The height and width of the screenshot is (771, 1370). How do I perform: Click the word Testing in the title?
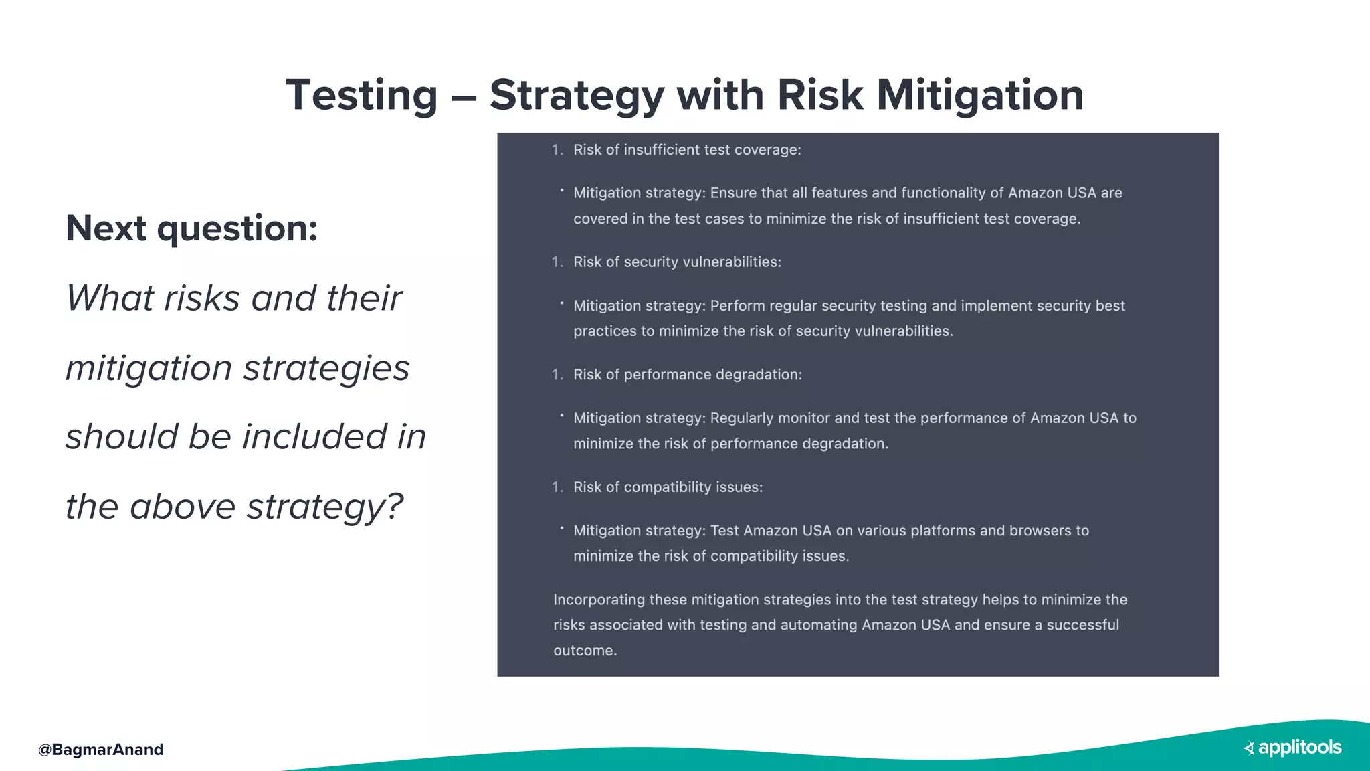click(x=361, y=95)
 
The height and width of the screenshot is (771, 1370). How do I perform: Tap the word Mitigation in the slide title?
click(x=980, y=95)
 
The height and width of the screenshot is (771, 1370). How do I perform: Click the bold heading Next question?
click(x=191, y=228)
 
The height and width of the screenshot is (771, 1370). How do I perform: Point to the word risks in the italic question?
click(x=201, y=298)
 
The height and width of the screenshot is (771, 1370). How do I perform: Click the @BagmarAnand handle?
click(x=101, y=749)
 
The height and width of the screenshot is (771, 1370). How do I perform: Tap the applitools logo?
click(x=1292, y=748)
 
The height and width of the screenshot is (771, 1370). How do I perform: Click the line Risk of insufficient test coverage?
click(x=687, y=150)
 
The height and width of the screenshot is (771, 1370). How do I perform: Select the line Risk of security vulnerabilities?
click(x=677, y=262)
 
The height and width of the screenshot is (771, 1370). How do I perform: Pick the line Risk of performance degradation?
click(x=687, y=375)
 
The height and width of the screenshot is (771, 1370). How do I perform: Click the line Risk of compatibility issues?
click(x=668, y=487)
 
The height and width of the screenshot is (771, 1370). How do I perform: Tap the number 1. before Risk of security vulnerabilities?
click(x=557, y=262)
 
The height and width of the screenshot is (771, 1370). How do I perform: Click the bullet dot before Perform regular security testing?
click(x=562, y=303)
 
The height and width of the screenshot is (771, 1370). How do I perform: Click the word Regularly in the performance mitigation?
click(x=741, y=418)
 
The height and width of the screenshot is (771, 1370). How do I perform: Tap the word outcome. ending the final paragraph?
click(x=585, y=651)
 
